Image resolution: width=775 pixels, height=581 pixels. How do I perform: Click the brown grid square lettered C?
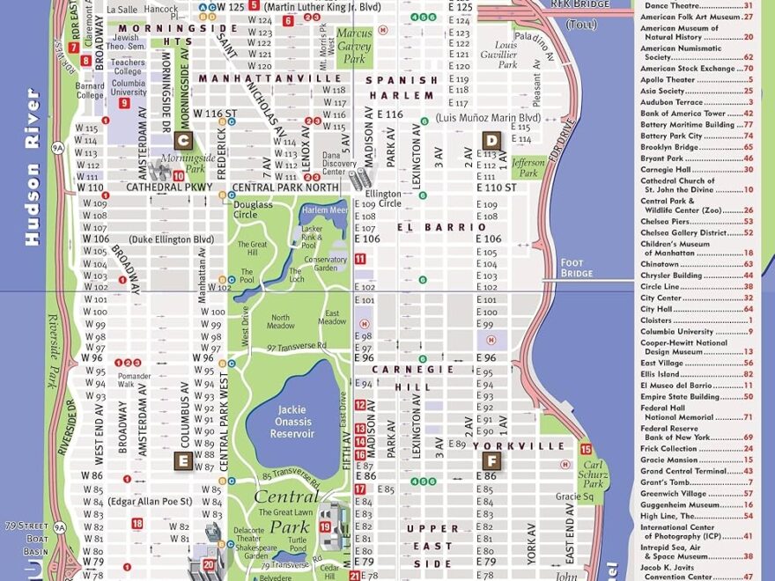pyautogui.click(x=183, y=139)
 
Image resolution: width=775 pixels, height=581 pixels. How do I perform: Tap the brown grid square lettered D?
pyautogui.click(x=491, y=139)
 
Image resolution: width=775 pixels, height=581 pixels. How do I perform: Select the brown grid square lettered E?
pyautogui.click(x=183, y=460)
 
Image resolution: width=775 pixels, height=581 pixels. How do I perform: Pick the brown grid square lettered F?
pyautogui.click(x=491, y=460)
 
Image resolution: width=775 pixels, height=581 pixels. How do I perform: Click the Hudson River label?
pyautogui.click(x=33, y=167)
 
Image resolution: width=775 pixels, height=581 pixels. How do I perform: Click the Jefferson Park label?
pyautogui.click(x=528, y=167)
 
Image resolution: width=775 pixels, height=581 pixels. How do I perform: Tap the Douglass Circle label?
pyautogui.click(x=253, y=210)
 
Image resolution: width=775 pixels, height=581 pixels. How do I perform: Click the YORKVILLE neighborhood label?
pyautogui.click(x=531, y=446)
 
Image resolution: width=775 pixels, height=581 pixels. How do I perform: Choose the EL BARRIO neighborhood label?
pyautogui.click(x=430, y=227)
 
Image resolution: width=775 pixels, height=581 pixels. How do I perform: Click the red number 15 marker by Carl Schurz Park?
pyautogui.click(x=586, y=449)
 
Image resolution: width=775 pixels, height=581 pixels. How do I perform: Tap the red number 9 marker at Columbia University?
pyautogui.click(x=124, y=103)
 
